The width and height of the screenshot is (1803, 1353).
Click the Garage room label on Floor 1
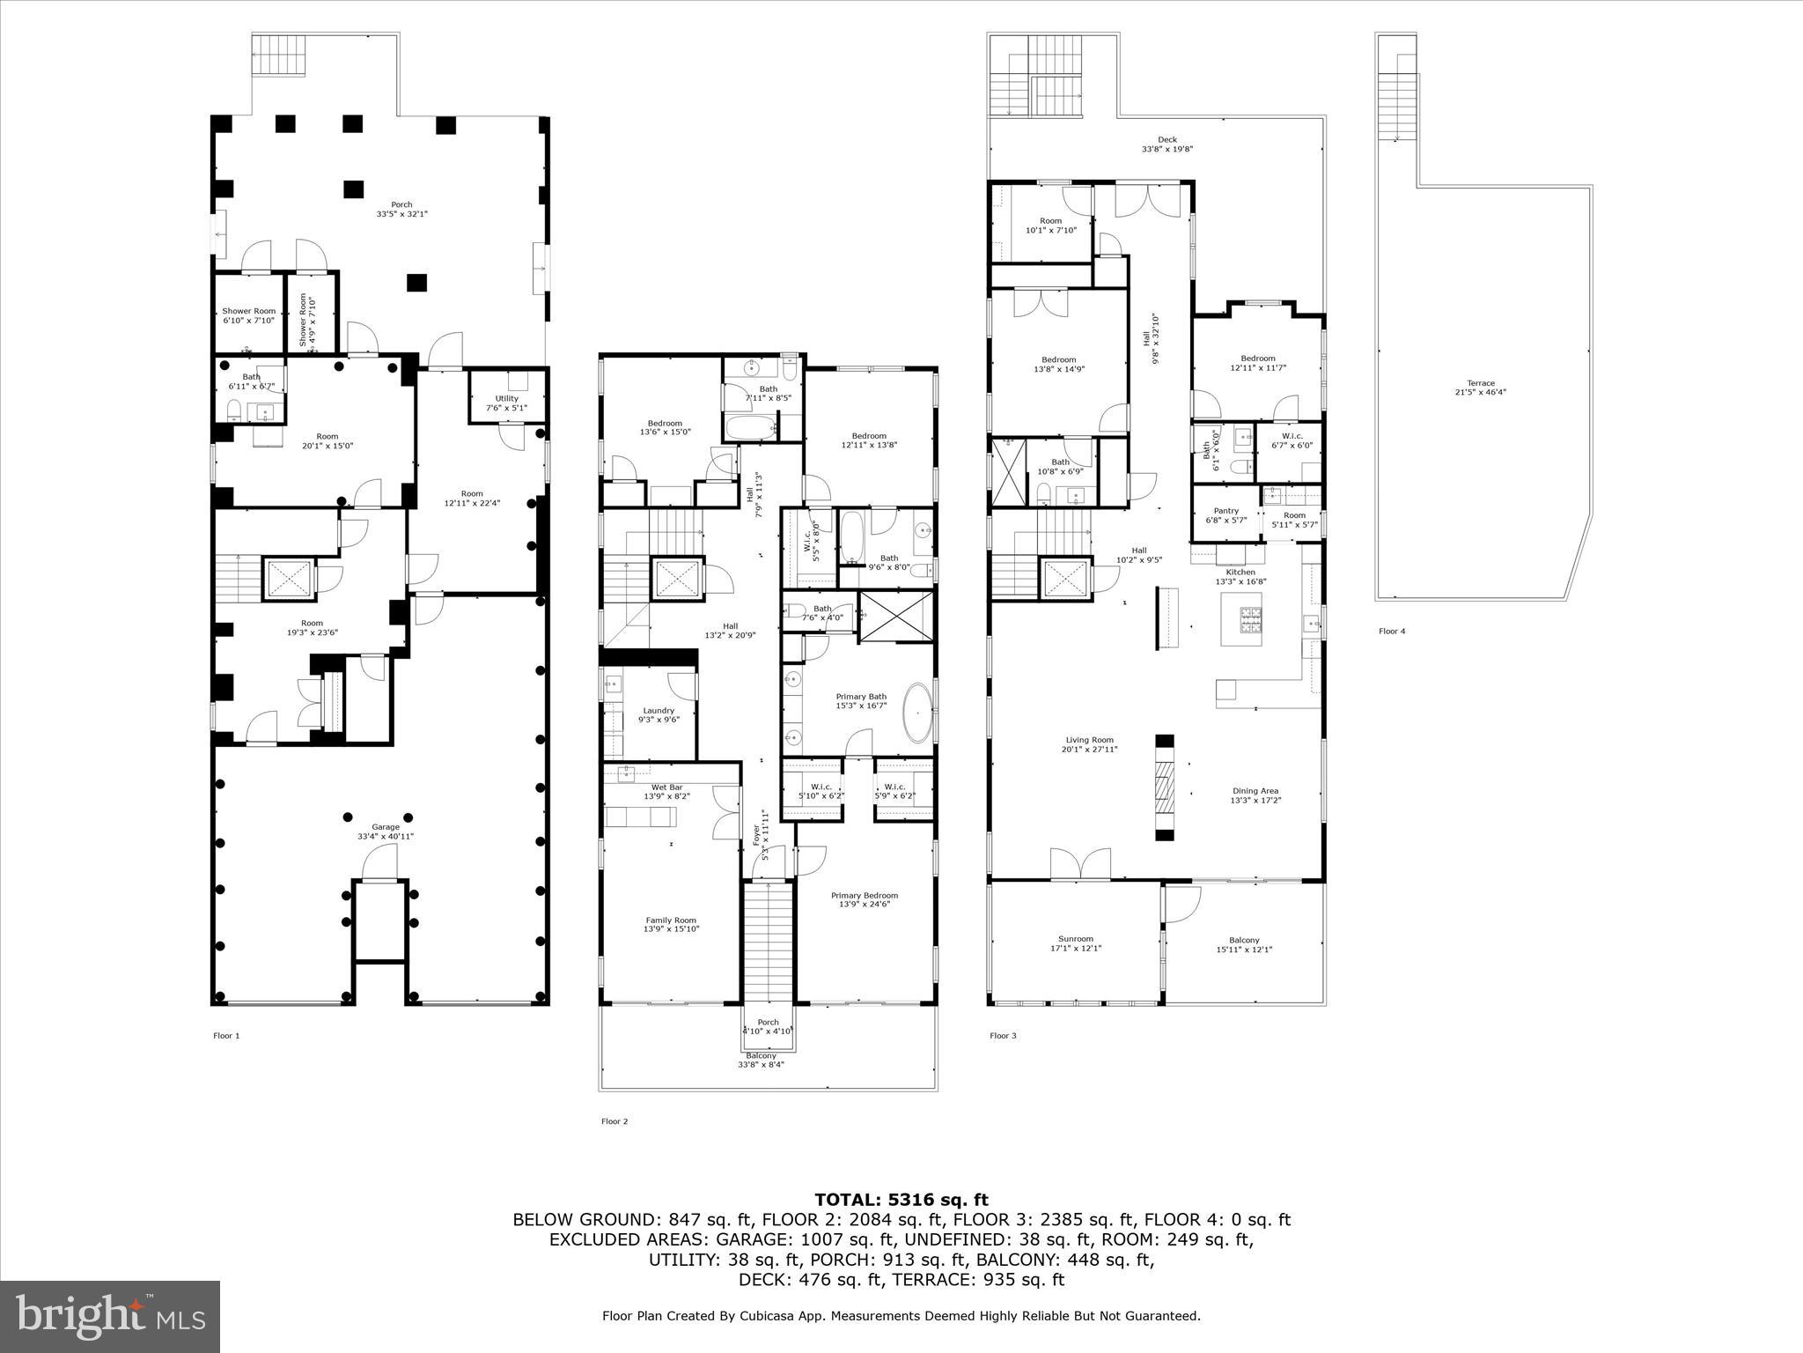385,827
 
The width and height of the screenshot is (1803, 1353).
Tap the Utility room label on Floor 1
506,398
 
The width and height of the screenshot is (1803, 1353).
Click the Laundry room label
659,711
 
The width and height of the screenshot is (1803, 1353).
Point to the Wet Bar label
666,787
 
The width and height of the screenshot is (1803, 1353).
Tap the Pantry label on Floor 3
1225,511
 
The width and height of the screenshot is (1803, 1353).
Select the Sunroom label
1076,939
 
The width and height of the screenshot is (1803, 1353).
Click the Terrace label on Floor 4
1481,383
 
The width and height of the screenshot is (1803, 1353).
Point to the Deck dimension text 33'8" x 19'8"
1167,150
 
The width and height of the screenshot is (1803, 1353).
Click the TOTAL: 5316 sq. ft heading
901,1200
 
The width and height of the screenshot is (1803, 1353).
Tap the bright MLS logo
110,1316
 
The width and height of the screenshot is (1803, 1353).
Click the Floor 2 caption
614,1121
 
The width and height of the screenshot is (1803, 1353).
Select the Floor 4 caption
1392,631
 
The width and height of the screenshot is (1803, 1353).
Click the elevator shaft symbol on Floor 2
677,579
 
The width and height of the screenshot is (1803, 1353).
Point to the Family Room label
672,920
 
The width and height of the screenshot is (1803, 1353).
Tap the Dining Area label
1255,791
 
